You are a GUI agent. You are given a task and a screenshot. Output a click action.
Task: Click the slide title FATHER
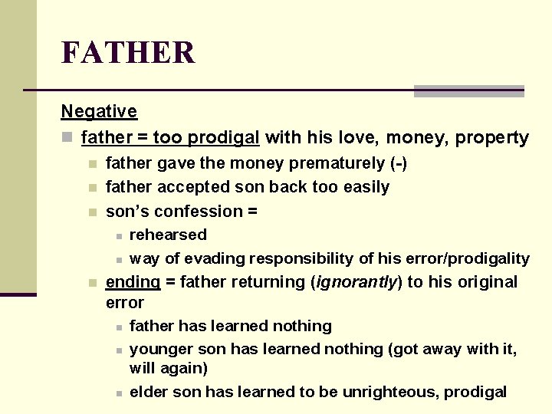point(128,53)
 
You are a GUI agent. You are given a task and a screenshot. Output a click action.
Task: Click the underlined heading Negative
point(99,111)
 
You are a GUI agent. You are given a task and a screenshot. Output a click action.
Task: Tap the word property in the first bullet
point(491,138)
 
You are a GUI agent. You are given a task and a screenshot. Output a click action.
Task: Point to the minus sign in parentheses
point(399,163)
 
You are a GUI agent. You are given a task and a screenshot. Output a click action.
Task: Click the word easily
point(365,187)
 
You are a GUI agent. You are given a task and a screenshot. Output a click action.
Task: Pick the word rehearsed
point(168,235)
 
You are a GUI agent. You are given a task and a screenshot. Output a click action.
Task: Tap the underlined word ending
point(133,282)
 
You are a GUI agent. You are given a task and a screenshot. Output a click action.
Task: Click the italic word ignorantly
point(355,282)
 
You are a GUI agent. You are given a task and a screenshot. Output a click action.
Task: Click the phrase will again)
point(169,369)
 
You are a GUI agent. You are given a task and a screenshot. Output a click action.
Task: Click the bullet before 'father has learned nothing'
point(119,327)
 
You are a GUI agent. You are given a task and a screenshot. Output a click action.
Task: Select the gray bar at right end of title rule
point(468,91)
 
